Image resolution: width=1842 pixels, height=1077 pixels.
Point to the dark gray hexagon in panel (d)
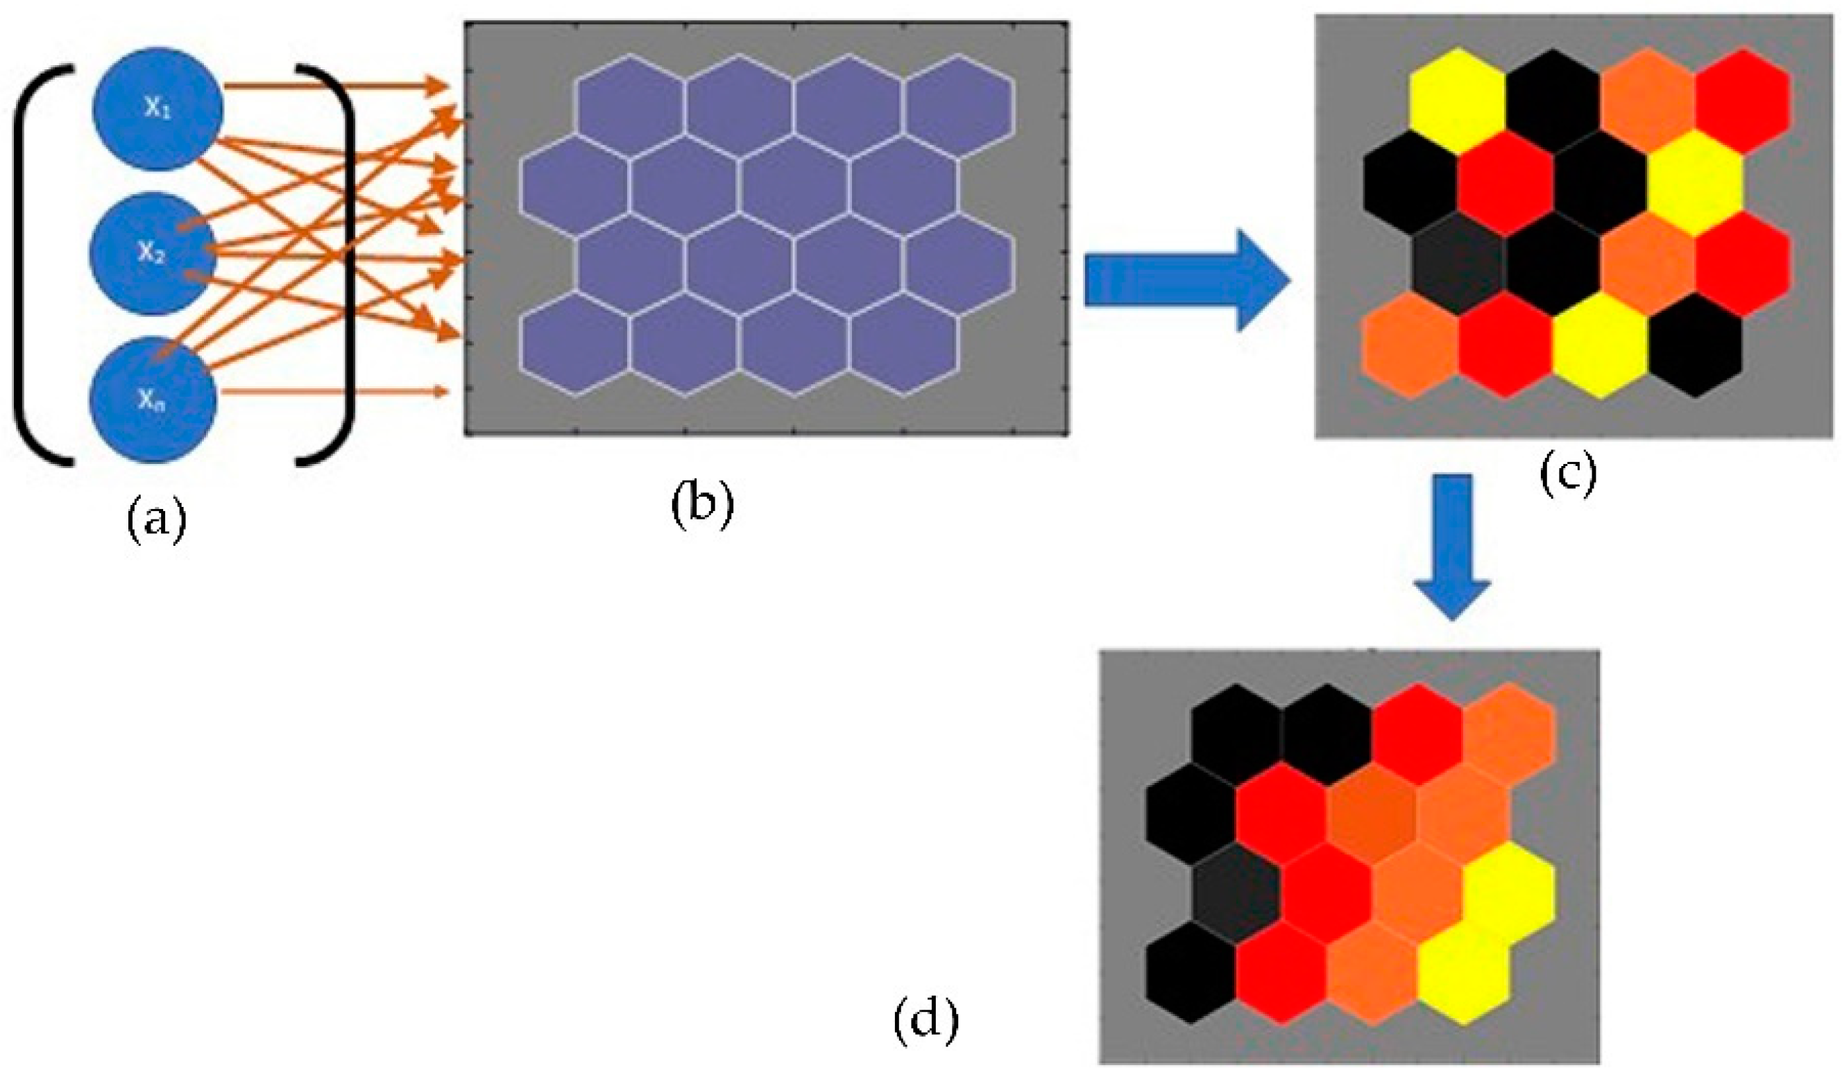pos(1237,904)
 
